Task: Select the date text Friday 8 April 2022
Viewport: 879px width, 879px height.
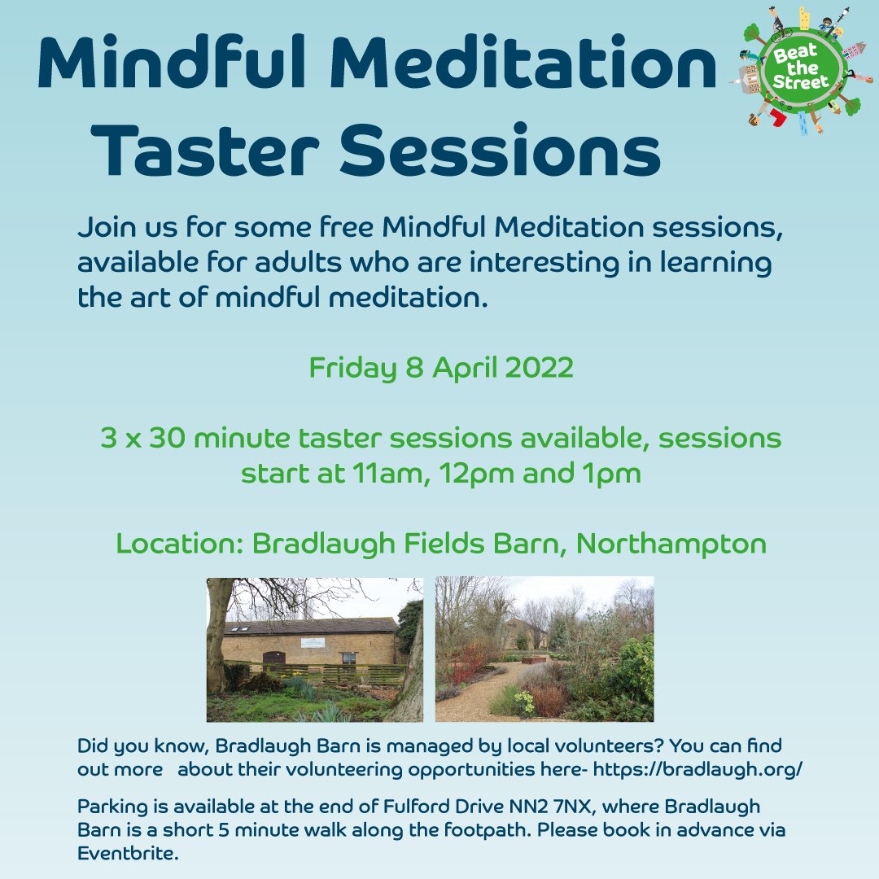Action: coord(441,368)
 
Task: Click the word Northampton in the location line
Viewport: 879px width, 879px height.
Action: coord(671,544)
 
